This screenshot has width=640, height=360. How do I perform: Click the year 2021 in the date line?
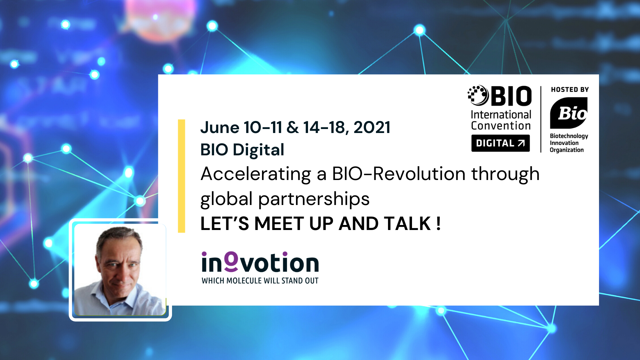pos(372,127)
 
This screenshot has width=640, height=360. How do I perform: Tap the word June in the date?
pos(220,127)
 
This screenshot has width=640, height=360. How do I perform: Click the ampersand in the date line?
pos(292,127)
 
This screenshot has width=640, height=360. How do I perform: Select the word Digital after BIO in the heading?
pos(258,150)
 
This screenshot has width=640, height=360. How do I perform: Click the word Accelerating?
pos(256,174)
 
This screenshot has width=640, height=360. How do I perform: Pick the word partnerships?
pos(314,199)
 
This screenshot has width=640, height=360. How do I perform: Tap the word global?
pos(226,199)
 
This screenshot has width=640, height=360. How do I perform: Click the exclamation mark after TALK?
pos(438,223)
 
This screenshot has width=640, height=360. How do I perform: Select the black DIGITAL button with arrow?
pos(500,143)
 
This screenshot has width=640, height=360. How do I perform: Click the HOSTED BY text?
pos(570,90)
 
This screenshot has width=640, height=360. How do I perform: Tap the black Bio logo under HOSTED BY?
pos(569,113)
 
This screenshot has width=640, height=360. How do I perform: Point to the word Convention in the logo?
pos(501,126)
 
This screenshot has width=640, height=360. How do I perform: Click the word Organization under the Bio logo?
pos(567,150)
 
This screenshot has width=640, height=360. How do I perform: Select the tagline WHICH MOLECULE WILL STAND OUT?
pos(260,281)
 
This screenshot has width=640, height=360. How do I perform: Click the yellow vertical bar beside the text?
pos(181,176)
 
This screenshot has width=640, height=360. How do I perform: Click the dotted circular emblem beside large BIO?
pos(478,95)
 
